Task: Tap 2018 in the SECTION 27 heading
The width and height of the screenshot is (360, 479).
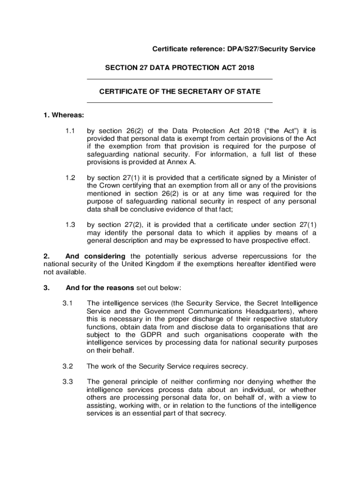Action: (x=245, y=68)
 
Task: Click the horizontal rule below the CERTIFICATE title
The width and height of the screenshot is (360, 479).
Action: (x=180, y=102)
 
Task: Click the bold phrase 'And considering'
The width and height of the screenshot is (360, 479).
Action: (x=95, y=256)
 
